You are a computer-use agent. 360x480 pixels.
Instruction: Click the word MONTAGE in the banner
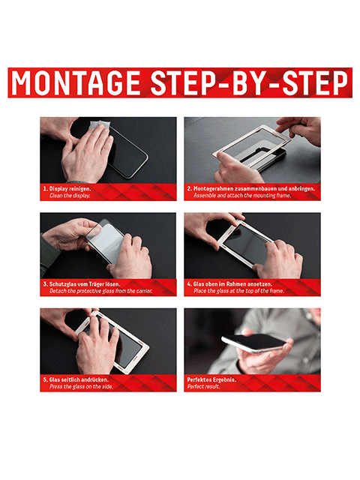[76, 83]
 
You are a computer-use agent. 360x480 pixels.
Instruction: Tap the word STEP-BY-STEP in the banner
[250, 83]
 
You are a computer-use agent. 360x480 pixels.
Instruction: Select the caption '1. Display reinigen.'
[67, 189]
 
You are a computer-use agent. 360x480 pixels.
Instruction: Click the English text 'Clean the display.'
[70, 196]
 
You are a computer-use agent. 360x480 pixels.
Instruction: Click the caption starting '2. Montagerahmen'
[251, 189]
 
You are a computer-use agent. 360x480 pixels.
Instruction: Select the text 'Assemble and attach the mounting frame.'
[242, 196]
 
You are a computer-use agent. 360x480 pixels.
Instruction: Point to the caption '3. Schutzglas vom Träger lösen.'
[82, 284]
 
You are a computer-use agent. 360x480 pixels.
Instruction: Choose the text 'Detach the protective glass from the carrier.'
[101, 291]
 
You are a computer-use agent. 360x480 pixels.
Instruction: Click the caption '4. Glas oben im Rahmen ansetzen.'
[229, 284]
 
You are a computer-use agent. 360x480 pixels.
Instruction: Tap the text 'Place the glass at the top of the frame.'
[238, 291]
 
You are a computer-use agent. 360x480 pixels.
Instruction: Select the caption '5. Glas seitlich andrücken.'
[76, 380]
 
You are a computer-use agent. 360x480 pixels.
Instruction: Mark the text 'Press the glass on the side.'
[81, 387]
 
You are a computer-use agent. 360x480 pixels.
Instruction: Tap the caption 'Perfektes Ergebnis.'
[211, 380]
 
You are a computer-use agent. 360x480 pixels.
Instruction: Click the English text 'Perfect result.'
[203, 387]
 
